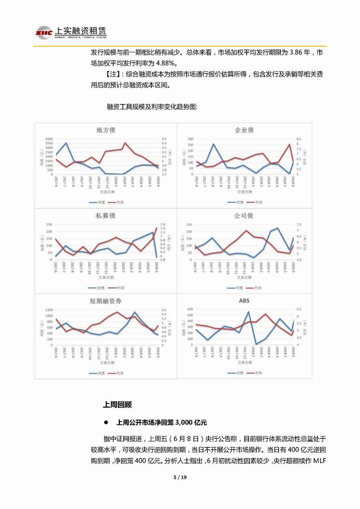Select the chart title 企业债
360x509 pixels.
244,130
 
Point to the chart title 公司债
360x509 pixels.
244,216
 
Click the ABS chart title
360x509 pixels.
244,301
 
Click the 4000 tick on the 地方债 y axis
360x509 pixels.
48,139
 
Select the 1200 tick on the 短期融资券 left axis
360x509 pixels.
48,310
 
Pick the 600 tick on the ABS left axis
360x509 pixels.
189,309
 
